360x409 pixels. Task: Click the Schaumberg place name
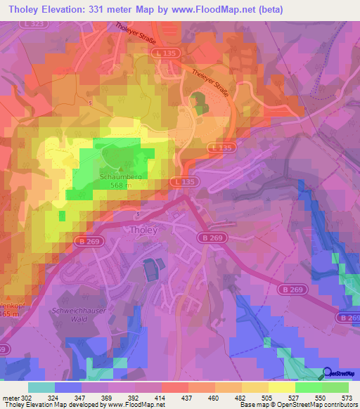[120, 178]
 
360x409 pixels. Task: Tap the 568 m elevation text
[120, 186]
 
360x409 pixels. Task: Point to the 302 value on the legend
[27, 398]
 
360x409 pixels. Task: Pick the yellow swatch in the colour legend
[281, 387]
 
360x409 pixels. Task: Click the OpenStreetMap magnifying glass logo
[328, 374]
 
